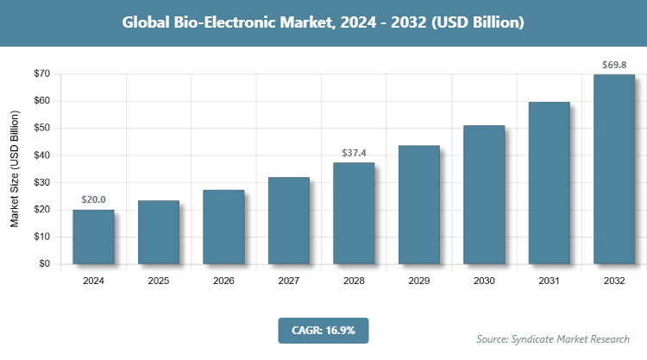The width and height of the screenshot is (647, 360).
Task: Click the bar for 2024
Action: click(x=93, y=237)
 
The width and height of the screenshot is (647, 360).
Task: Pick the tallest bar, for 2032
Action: click(x=614, y=169)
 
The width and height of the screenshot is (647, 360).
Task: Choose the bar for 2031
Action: click(x=549, y=183)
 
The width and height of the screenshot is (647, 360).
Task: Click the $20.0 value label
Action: click(x=93, y=199)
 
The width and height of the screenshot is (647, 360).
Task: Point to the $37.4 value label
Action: click(x=354, y=152)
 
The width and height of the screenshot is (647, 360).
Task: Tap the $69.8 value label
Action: click(x=614, y=65)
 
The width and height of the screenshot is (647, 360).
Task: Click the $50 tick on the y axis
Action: click(x=41, y=128)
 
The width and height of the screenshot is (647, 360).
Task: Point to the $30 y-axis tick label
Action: click(x=41, y=182)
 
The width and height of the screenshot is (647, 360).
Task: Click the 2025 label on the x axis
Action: click(x=159, y=281)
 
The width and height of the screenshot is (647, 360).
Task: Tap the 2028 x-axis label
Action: click(x=354, y=281)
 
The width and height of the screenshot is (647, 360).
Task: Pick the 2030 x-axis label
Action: click(x=484, y=281)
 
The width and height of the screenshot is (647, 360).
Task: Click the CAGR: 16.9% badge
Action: click(x=323, y=330)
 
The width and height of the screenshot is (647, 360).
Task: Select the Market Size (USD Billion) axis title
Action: click(x=15, y=169)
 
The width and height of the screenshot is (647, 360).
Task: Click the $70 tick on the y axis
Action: click(x=41, y=74)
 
